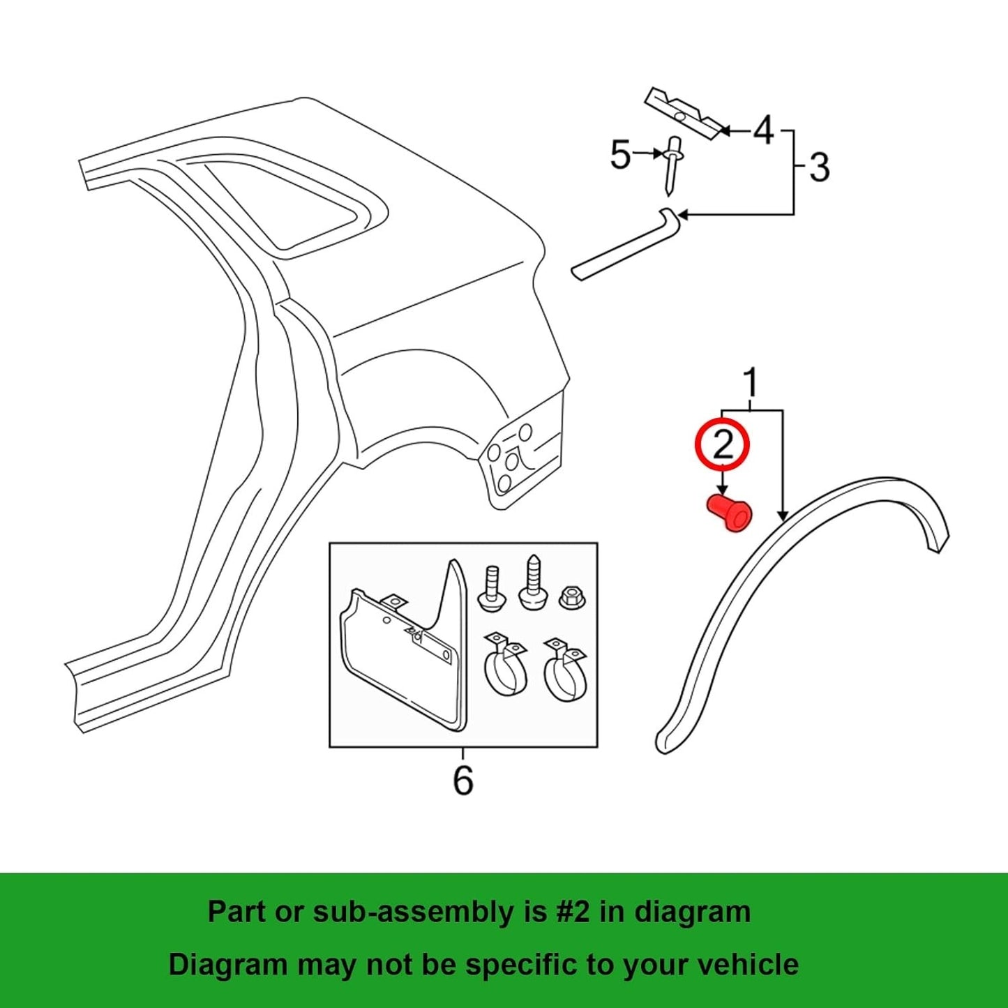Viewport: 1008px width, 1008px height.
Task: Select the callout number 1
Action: (750, 383)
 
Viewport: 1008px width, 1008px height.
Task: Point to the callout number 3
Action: (819, 168)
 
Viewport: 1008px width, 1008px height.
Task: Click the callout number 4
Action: (764, 130)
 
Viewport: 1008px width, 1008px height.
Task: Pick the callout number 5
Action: (620, 155)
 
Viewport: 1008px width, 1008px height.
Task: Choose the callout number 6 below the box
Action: (463, 780)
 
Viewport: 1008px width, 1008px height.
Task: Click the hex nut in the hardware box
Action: (571, 597)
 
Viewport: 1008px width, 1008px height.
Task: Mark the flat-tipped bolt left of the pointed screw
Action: (491, 590)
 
